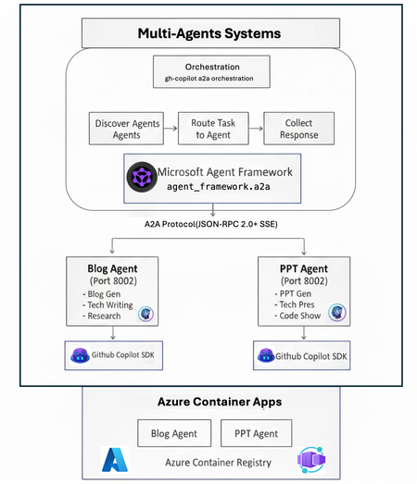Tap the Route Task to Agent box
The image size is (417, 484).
click(212, 129)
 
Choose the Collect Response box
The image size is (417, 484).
click(299, 129)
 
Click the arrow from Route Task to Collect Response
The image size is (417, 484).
click(256, 129)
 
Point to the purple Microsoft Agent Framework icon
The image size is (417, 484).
click(143, 179)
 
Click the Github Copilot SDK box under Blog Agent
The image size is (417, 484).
click(111, 355)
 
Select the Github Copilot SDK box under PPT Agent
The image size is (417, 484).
click(301, 355)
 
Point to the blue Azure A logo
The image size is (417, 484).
click(116, 460)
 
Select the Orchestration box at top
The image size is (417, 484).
click(212, 72)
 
